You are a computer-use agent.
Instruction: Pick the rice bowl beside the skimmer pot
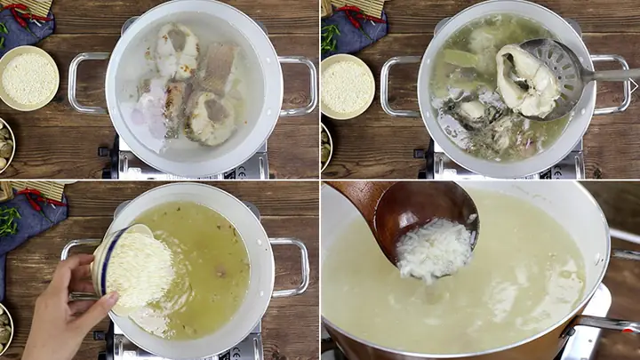(x=346, y=86)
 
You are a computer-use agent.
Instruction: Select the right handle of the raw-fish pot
(x=302, y=84)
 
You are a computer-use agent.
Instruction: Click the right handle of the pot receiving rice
(x=294, y=267)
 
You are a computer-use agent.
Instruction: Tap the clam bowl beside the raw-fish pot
(x=4, y=147)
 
